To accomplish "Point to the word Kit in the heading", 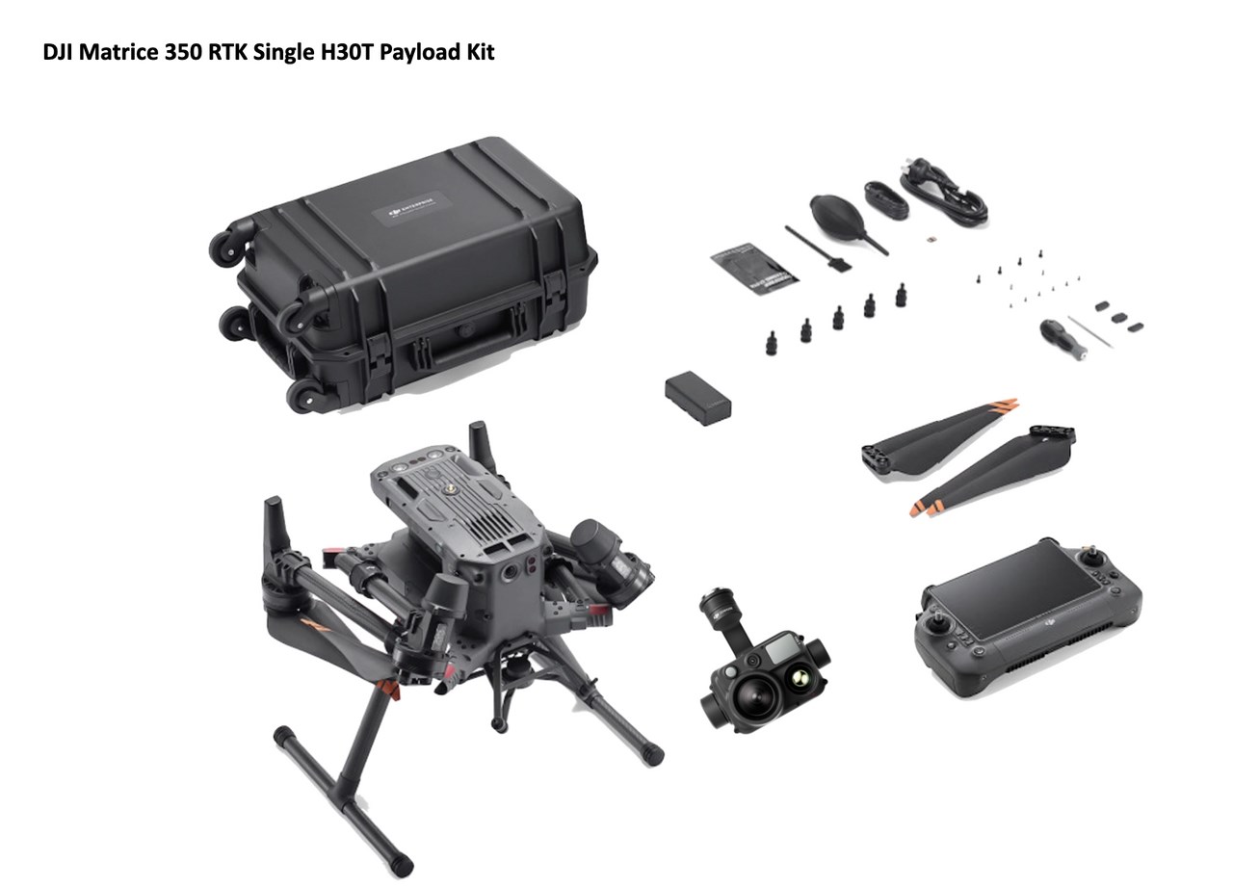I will pyautogui.click(x=480, y=52).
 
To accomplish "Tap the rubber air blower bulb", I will pyautogui.click(x=832, y=211).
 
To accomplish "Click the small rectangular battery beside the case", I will pyautogui.click(x=697, y=399).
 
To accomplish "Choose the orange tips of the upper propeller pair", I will pyautogui.click(x=1004, y=404).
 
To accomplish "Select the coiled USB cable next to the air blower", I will pyautogui.click(x=882, y=201).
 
